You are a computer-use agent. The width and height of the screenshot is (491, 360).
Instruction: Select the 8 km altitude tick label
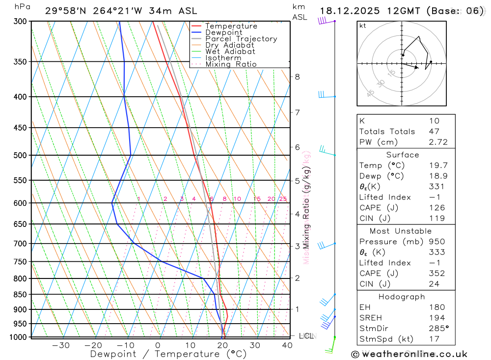click(298, 77)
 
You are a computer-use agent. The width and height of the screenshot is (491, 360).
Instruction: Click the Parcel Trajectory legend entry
click(241, 39)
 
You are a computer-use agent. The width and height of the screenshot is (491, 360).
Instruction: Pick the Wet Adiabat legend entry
click(230, 52)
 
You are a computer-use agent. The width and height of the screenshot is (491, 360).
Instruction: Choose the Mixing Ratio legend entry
click(231, 64)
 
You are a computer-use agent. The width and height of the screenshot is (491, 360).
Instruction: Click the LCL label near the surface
click(306, 336)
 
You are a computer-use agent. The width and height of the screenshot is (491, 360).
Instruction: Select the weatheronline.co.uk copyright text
click(409, 354)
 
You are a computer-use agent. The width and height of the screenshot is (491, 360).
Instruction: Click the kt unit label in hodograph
click(363, 26)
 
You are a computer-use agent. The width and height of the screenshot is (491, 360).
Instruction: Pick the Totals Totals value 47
click(434, 131)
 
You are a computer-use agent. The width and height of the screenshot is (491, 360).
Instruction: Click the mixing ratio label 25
click(283, 199)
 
